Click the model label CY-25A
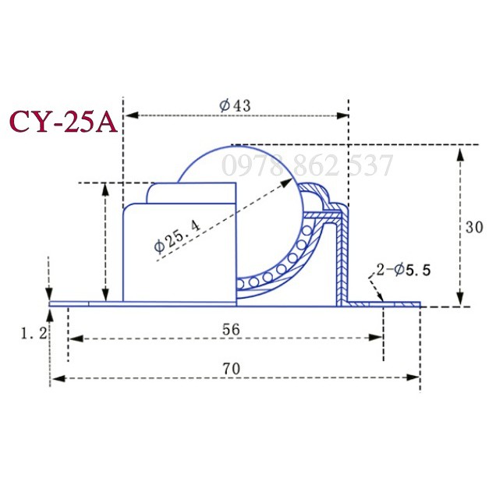64,122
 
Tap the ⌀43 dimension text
235,105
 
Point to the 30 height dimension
474,227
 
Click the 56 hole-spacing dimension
231,329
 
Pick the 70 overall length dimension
232,369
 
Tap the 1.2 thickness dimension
34,333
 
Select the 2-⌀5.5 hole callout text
403,270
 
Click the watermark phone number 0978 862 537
307,165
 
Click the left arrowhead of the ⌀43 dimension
132,115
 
